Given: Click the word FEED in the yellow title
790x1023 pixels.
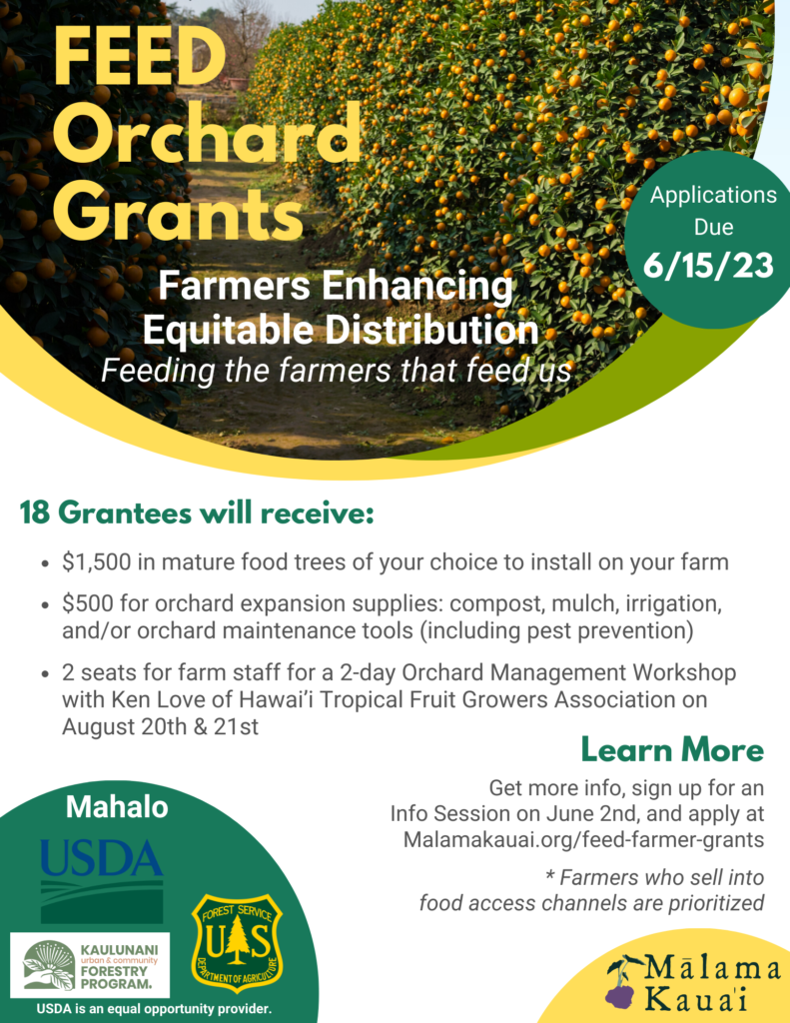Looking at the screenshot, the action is pyautogui.click(x=140, y=57).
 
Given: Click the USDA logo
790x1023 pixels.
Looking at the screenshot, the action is pyautogui.click(x=102, y=881).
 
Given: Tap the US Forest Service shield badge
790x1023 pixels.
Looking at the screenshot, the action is pyautogui.click(x=237, y=943).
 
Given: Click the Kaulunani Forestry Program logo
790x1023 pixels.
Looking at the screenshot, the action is pyautogui.click(x=90, y=965).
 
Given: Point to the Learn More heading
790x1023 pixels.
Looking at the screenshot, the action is pyautogui.click(x=672, y=749).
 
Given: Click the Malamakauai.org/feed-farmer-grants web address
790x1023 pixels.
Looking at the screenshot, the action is pyautogui.click(x=583, y=839).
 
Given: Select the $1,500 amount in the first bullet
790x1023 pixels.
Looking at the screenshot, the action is pyautogui.click(x=97, y=561).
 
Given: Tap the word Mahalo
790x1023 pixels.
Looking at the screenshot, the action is pyautogui.click(x=117, y=807).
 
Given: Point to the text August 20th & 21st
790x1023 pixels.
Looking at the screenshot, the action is pyautogui.click(x=160, y=727).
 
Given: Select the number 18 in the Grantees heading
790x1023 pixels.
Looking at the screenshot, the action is pyautogui.click(x=35, y=512).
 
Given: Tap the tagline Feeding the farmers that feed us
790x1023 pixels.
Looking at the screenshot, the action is pyautogui.click(x=336, y=371).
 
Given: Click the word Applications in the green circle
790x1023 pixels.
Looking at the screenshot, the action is pyautogui.click(x=713, y=196).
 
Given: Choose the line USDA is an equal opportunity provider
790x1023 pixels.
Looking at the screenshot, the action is pyautogui.click(x=154, y=1009).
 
